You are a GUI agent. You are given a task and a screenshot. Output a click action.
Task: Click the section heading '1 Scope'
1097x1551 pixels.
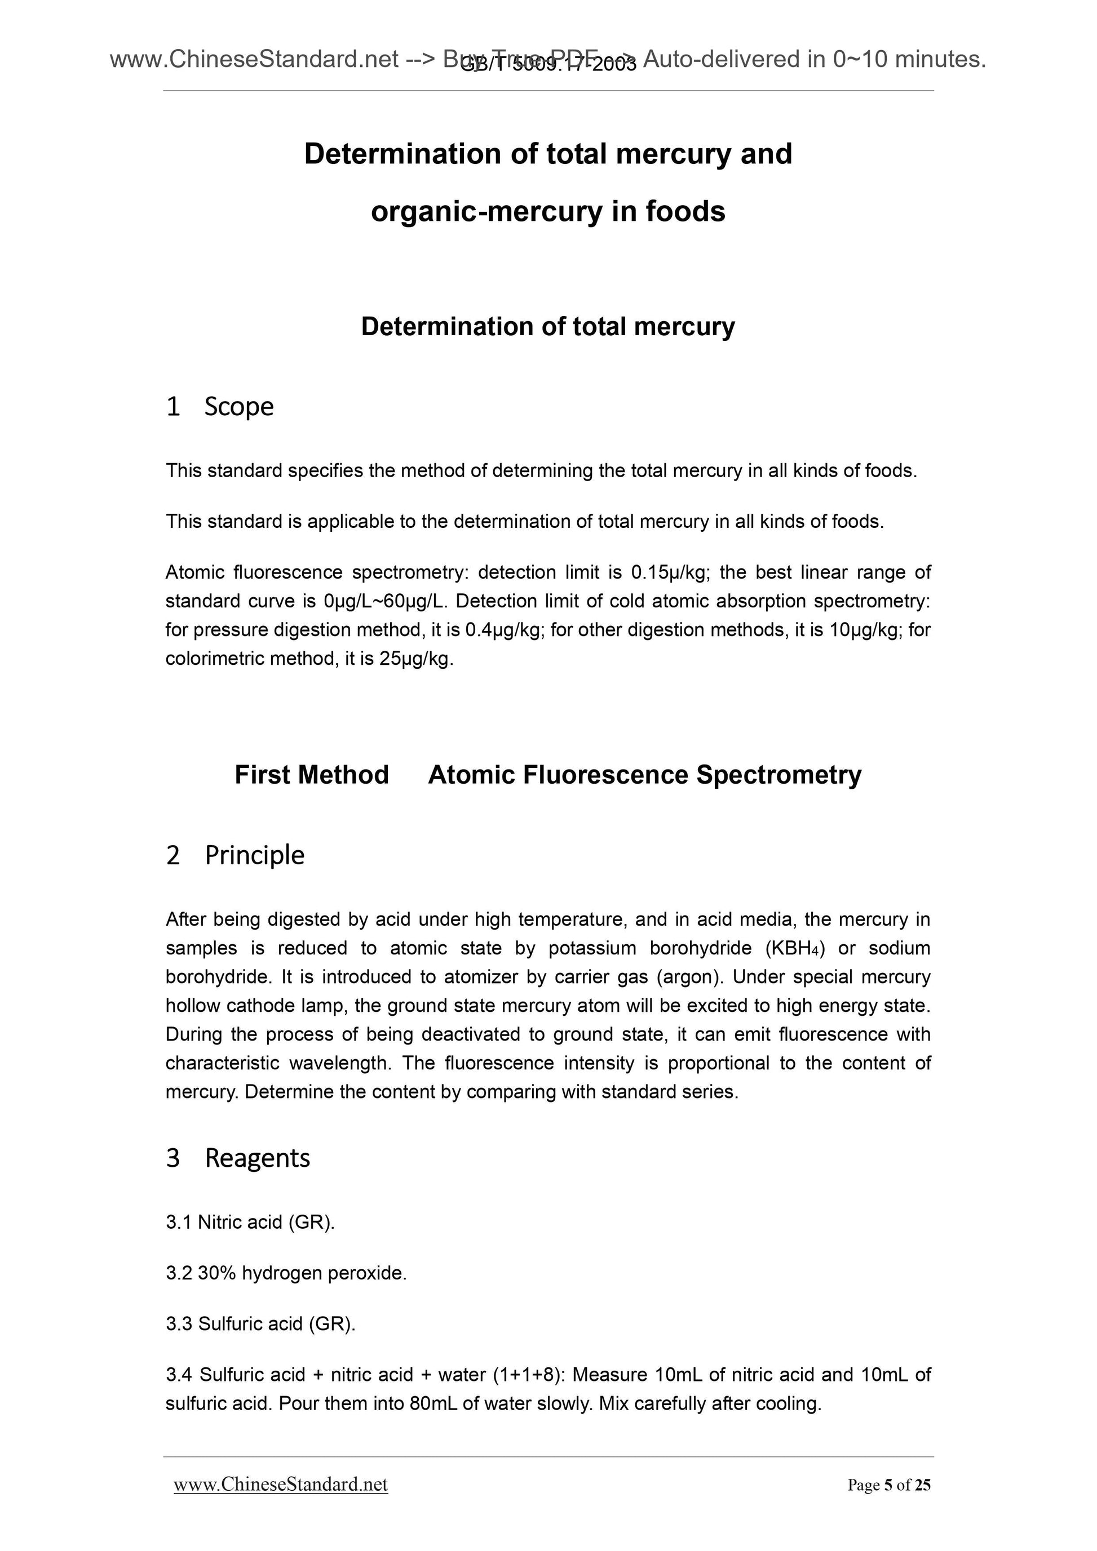220,407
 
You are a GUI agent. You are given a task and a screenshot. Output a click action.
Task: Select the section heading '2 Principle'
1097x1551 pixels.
235,855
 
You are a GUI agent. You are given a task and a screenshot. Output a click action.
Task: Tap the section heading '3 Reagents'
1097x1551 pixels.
238,1158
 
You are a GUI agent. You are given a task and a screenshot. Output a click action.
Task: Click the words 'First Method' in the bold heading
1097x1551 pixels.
312,775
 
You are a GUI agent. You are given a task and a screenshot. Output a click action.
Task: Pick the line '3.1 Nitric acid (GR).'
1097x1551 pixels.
250,1223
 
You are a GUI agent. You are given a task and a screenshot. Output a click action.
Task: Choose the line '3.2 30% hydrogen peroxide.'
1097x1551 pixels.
286,1273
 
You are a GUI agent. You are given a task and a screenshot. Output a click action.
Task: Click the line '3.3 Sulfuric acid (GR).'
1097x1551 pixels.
260,1324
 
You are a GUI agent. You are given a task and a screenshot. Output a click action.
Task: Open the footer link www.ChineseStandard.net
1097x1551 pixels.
281,1485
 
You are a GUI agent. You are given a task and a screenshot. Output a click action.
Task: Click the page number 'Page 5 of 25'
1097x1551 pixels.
889,1485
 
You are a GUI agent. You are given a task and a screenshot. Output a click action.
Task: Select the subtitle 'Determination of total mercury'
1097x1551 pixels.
547,327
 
